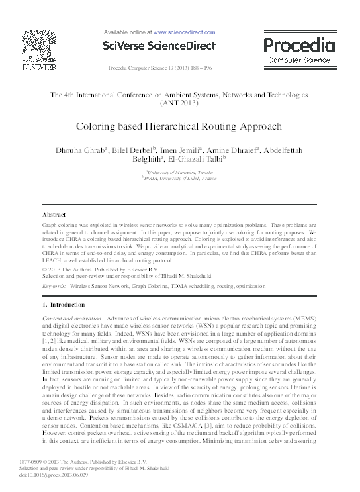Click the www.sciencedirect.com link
[x=184, y=32]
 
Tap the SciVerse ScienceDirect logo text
[x=159, y=46]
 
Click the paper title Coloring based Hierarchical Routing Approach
[x=179, y=126]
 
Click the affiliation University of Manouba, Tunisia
[x=178, y=172]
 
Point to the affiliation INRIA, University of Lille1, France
[x=178, y=178]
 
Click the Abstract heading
[x=54, y=215]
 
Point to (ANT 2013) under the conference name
[x=179, y=104]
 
